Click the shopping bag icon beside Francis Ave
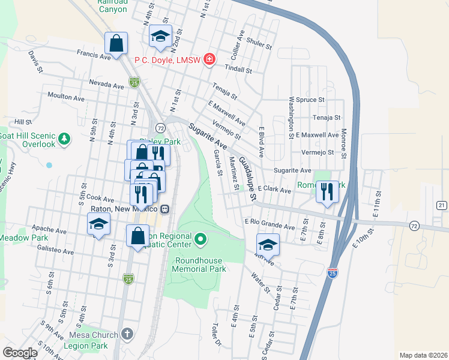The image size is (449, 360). [116, 43]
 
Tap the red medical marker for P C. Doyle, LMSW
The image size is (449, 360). [209, 59]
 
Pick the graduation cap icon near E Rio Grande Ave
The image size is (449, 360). [268, 245]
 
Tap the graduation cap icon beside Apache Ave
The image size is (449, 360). [99, 226]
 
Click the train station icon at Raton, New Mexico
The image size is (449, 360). [164, 209]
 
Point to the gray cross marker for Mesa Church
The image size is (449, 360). [127, 334]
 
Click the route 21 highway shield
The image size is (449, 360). [442, 205]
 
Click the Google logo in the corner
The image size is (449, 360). [19, 352]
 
